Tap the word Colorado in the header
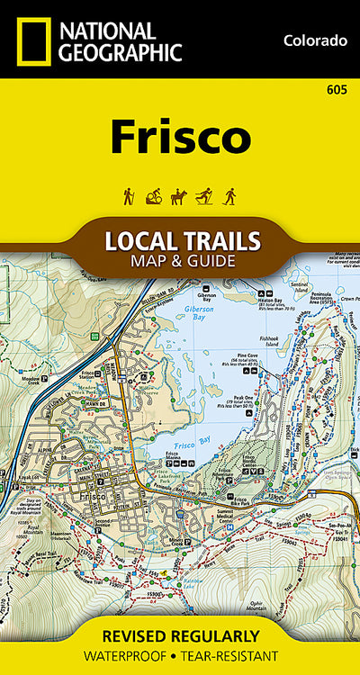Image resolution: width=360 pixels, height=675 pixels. pos(314,40)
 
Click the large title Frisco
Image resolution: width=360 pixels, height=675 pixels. pos(180,136)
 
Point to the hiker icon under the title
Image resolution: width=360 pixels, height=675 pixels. pos(130,195)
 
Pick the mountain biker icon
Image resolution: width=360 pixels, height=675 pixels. pos(154,195)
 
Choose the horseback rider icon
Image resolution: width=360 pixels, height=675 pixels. pos(179,195)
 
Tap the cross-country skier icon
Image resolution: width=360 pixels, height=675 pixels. pos(204,195)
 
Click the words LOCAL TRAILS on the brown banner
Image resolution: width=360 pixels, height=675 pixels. pos(183,241)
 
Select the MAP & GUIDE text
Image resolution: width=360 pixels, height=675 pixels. pos(183,262)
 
